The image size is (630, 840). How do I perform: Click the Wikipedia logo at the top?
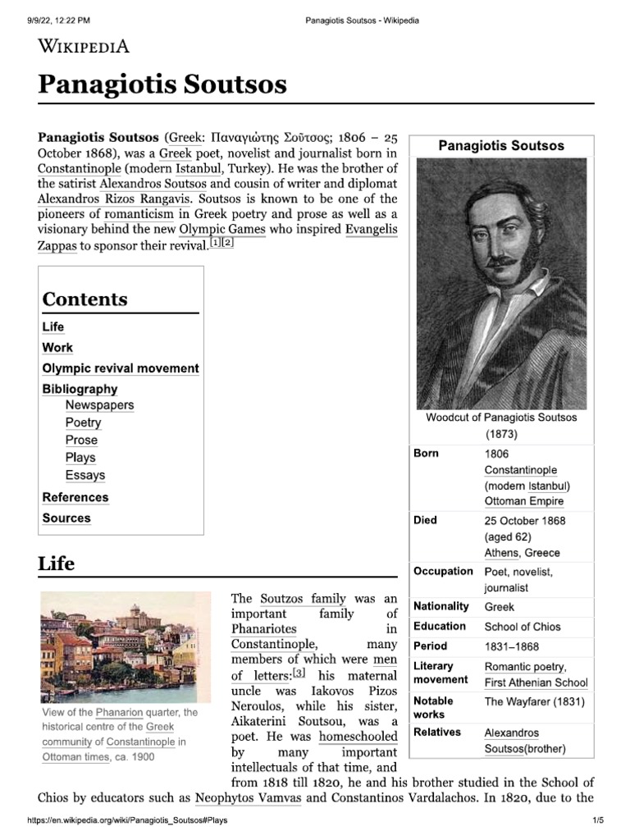tap(84, 46)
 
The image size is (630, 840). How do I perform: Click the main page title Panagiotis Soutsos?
tap(162, 84)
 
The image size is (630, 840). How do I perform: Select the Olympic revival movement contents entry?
tap(121, 368)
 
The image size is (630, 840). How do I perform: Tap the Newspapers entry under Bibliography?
tap(99, 404)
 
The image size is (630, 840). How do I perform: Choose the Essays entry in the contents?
tap(85, 475)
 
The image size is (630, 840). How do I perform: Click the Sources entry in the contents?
tap(66, 518)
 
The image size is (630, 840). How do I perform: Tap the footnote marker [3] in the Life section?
tap(299, 673)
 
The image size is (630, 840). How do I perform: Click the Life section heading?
tap(56, 564)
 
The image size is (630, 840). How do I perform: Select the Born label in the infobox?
tap(426, 454)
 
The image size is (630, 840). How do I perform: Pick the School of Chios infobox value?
tap(523, 627)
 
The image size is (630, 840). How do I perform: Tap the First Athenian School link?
tap(536, 682)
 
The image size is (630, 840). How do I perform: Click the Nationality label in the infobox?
tap(441, 606)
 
